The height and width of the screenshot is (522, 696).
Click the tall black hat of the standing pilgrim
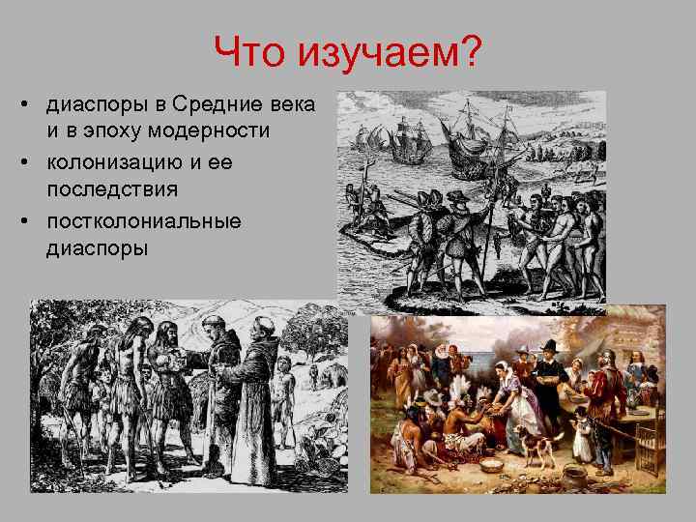click(549, 345)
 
